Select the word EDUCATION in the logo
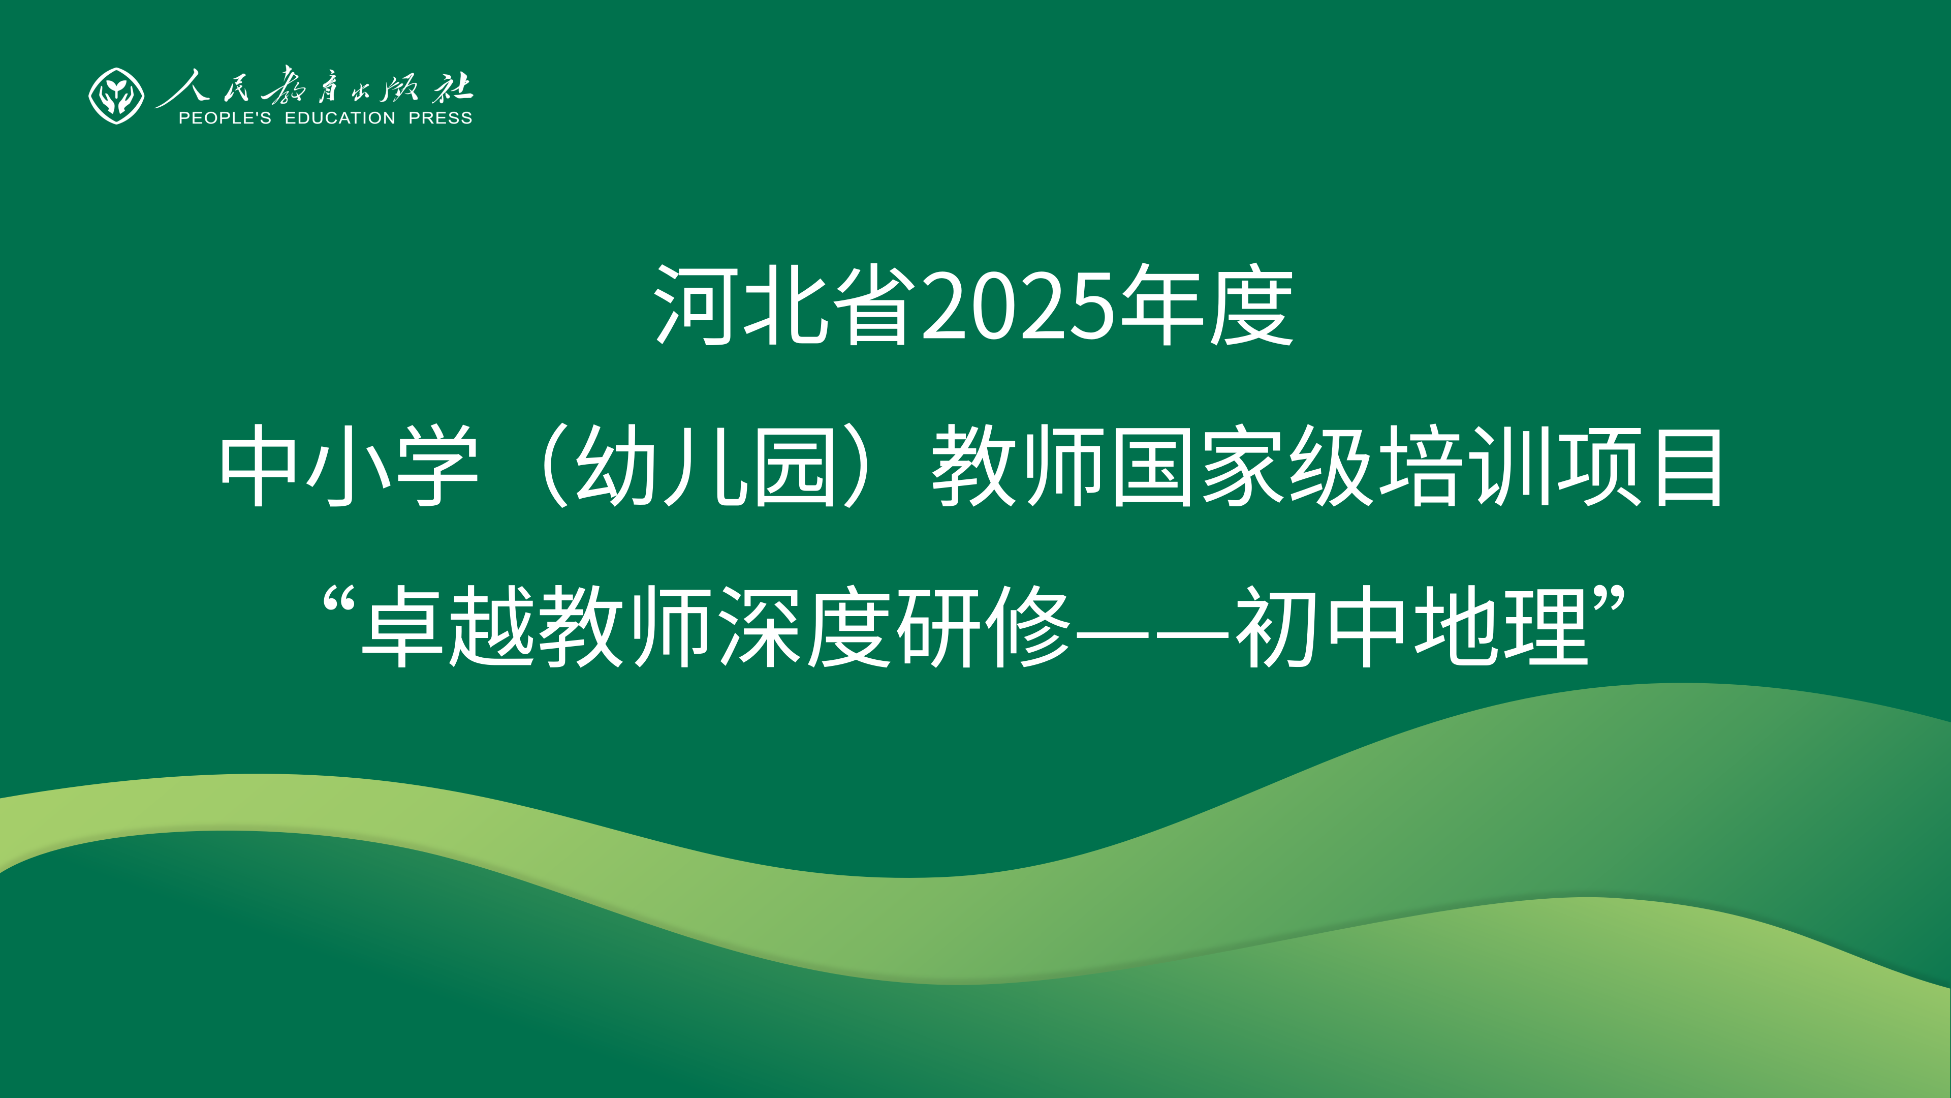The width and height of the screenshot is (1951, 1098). point(340,118)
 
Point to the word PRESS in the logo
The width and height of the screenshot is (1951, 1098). point(440,118)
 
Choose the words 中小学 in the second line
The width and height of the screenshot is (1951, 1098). point(349,466)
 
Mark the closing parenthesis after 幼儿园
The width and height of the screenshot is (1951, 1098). point(860,466)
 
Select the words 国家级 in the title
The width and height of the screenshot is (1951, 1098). point(1242,466)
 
